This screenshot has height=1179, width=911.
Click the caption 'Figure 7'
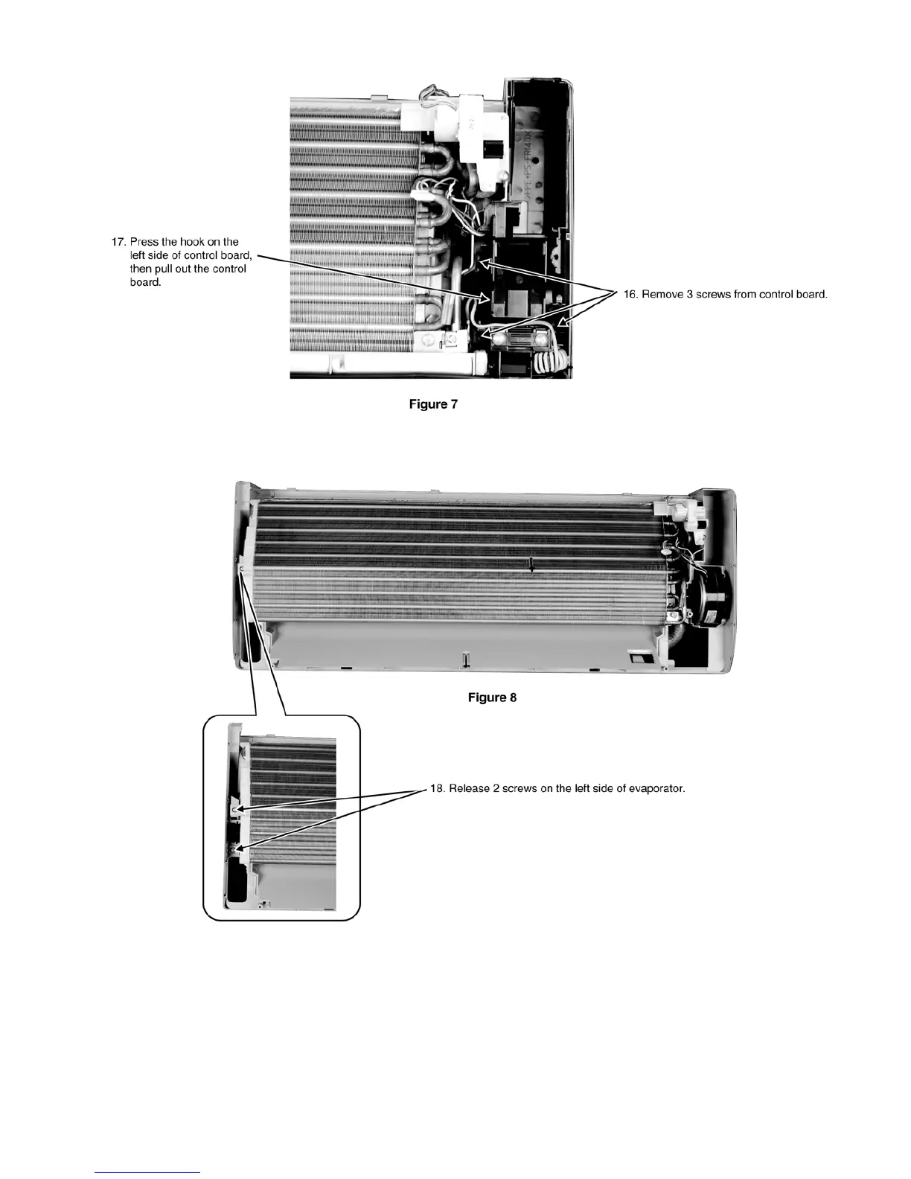(433, 404)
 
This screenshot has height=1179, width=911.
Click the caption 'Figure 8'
(492, 697)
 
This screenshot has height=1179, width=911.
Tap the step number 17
(118, 242)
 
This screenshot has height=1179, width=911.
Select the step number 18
(438, 788)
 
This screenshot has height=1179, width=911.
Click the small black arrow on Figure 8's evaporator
(531, 568)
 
